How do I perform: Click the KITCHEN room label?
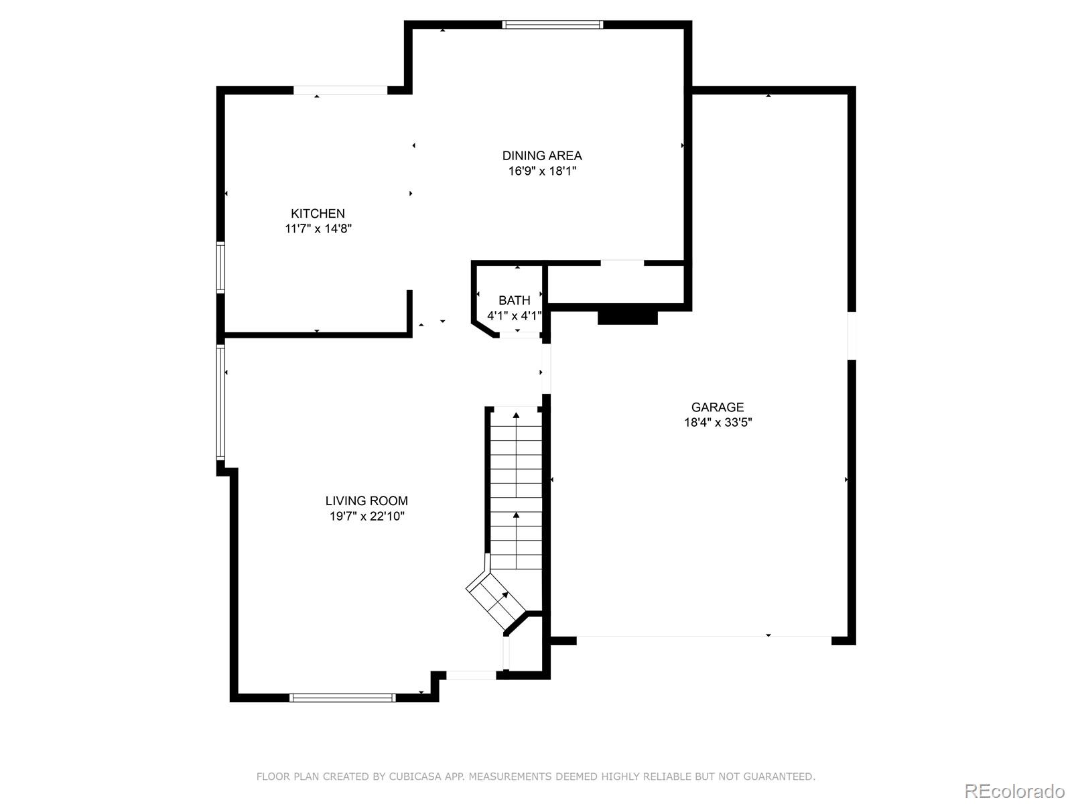[318, 214]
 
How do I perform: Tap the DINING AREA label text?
[542, 155]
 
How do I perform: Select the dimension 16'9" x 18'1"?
[542, 171]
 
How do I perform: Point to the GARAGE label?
[718, 407]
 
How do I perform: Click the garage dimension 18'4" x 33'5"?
[718, 422]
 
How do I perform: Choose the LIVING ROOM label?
[366, 500]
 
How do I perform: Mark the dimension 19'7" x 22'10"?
[366, 516]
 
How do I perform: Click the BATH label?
[514, 300]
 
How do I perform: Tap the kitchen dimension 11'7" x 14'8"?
[318, 228]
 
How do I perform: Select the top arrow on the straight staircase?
[516, 415]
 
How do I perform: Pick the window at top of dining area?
[553, 25]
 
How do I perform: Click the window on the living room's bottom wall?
[342, 697]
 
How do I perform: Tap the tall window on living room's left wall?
[220, 402]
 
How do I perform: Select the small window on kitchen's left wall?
[220, 267]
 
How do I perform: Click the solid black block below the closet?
[628, 316]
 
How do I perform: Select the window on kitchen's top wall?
[340, 90]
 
